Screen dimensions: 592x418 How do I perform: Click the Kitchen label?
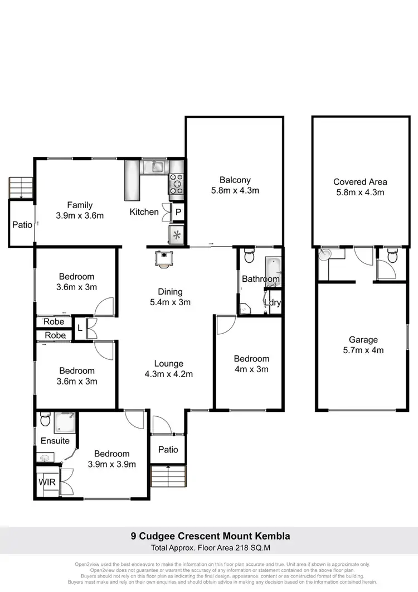[144, 212]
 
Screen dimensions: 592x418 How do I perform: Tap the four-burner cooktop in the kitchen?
[176, 185]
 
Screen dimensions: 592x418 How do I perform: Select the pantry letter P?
[178, 212]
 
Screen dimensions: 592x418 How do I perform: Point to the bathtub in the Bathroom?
[274, 265]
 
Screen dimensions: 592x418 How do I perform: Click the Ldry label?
[273, 302]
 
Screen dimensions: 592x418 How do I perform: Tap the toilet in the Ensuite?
[45, 418]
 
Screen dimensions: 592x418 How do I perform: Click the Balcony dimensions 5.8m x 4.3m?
[235, 191]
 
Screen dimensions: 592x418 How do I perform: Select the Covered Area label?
[360, 181]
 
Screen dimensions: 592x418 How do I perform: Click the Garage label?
[363, 339]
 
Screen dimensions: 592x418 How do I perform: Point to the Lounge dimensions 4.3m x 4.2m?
[169, 374]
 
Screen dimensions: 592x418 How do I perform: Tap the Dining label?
[170, 291]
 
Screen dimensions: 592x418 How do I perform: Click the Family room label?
[80, 205]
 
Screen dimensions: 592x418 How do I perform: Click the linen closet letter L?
[80, 328]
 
